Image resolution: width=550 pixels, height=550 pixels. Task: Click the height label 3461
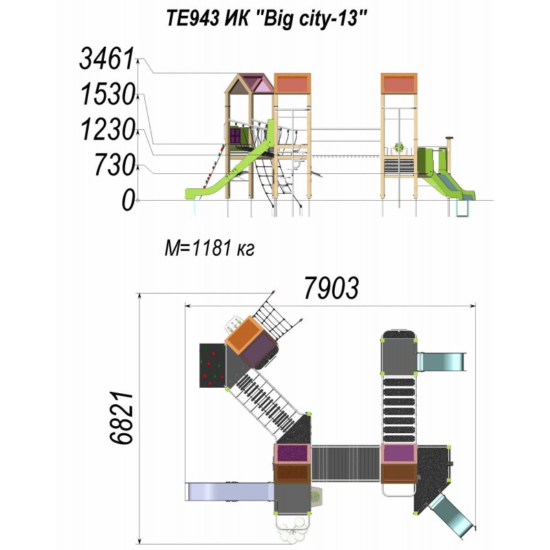coord(107,58)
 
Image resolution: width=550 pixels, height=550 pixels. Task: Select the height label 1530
coord(108,94)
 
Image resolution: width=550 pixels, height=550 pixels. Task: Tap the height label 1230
coord(108,129)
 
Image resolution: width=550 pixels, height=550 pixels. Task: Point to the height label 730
coord(114,165)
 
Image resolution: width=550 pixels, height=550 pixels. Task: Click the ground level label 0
coord(128,201)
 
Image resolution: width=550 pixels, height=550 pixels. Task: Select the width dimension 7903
coord(331,288)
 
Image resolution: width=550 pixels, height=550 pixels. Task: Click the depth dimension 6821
coord(122,418)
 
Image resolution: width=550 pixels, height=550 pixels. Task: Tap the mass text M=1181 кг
coord(210,248)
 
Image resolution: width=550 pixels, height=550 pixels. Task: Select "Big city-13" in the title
coord(312,19)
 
